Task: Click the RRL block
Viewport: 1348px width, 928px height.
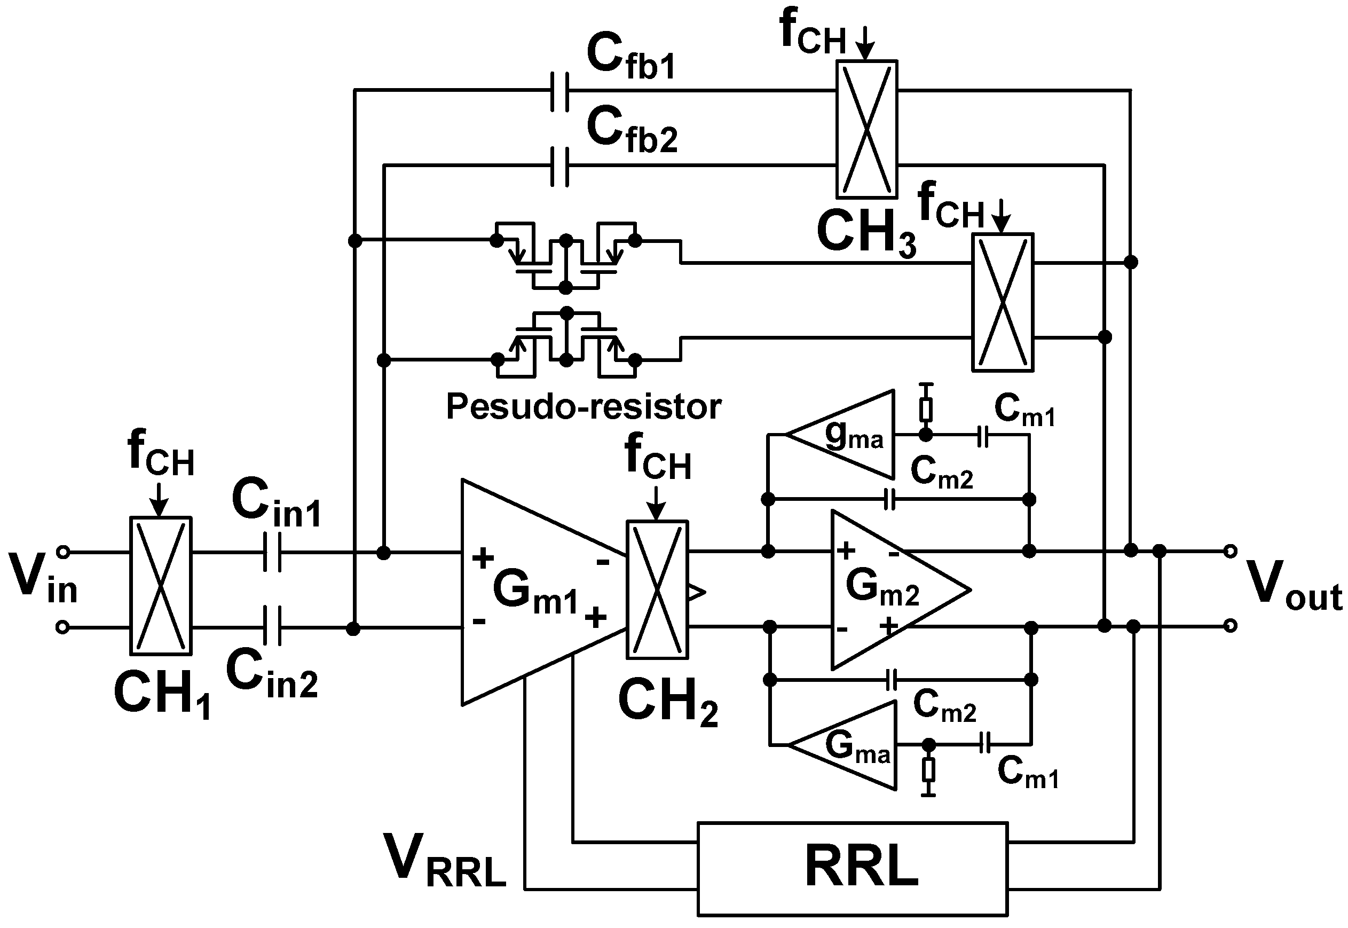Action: [852, 868]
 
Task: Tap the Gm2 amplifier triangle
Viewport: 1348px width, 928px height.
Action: [889, 589]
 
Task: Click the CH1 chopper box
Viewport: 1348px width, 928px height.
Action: [160, 586]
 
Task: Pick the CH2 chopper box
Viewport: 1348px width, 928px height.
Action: [657, 589]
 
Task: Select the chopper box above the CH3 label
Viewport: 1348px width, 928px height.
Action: [866, 129]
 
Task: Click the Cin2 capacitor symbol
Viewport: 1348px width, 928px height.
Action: [272, 626]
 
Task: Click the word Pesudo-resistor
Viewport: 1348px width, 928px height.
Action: [583, 406]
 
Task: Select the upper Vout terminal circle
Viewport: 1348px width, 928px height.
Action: [1229, 550]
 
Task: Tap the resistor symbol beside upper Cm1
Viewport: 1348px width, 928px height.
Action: [926, 410]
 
